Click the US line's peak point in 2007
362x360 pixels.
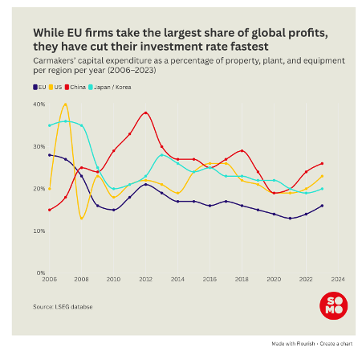pos(66,104)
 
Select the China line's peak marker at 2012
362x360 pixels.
pos(145,112)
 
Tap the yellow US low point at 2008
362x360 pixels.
pos(82,219)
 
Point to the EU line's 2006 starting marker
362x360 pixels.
pos(50,155)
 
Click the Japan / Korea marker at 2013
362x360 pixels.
pos(161,155)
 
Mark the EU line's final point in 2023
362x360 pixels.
pos(322,206)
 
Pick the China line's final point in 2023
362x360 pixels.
pos(322,163)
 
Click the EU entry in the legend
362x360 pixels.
pos(39,88)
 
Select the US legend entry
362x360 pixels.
pos(55,88)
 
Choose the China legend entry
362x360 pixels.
pos(75,88)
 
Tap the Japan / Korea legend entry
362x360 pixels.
pos(110,88)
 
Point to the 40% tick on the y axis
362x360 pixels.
pos(39,104)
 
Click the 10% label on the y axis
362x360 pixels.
pos(39,231)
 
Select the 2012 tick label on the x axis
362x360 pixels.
pos(145,280)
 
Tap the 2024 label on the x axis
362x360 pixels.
pos(338,280)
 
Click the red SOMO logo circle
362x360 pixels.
pos(334,305)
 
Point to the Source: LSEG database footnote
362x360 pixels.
pos(63,307)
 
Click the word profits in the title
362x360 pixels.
pos(308,33)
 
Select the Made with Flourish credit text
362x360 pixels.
pos(293,344)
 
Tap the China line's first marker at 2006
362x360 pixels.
pos(50,210)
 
